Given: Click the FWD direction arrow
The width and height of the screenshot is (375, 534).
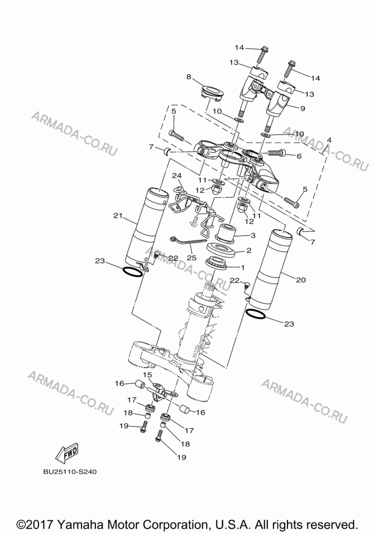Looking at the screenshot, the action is (67, 453).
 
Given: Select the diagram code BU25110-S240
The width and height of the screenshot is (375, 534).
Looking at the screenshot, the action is (70, 472).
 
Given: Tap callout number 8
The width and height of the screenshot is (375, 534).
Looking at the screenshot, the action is (188, 76).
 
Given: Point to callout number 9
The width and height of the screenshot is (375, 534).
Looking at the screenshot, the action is (302, 108).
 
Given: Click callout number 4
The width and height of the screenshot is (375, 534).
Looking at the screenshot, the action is (329, 139).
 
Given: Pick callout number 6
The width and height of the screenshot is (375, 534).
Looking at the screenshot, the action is (299, 156).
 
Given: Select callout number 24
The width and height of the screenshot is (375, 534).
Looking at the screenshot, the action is (177, 176).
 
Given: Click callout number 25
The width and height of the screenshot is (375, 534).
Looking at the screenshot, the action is (192, 258).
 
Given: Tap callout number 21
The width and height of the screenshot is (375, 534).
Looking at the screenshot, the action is (118, 215).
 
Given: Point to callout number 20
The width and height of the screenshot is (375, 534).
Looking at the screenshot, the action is (301, 280).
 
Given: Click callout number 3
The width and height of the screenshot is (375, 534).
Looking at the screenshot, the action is (253, 235).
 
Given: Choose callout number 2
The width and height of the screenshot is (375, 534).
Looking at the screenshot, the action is (249, 250).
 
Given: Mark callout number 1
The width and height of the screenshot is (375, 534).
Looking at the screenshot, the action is (243, 268).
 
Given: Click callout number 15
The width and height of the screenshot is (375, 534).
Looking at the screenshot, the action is (147, 375).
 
